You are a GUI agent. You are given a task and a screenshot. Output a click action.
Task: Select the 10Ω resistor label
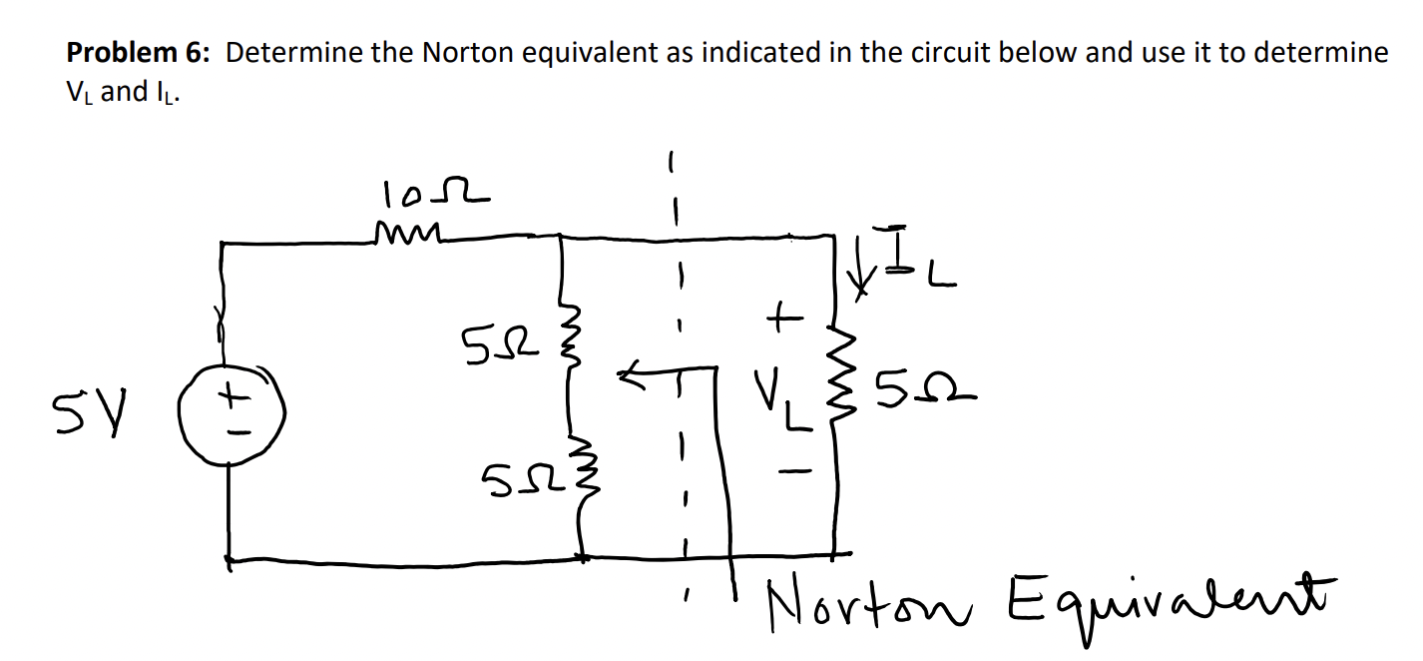[x=432, y=192]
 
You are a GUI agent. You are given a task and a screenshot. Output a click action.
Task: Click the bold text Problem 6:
[x=139, y=54]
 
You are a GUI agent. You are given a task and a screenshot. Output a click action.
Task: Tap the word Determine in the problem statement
[x=293, y=54]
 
